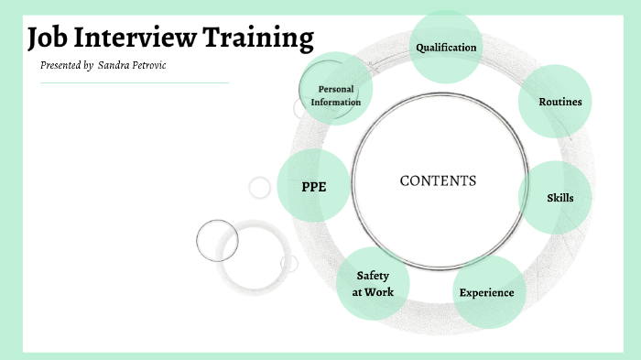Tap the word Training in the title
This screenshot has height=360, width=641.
[x=260, y=38]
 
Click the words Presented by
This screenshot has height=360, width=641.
[x=66, y=66]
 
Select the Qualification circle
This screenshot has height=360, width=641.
[x=446, y=47]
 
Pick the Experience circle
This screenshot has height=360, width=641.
[x=486, y=292]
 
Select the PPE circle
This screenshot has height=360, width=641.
[x=313, y=186]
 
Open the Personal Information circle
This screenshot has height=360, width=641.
[x=335, y=95]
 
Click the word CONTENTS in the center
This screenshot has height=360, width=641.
[x=438, y=180]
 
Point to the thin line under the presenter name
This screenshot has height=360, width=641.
[x=134, y=82]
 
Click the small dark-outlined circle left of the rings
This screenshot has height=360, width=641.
[x=217, y=240]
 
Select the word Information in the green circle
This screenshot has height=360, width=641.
[x=335, y=102]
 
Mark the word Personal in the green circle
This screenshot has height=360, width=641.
[x=335, y=89]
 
